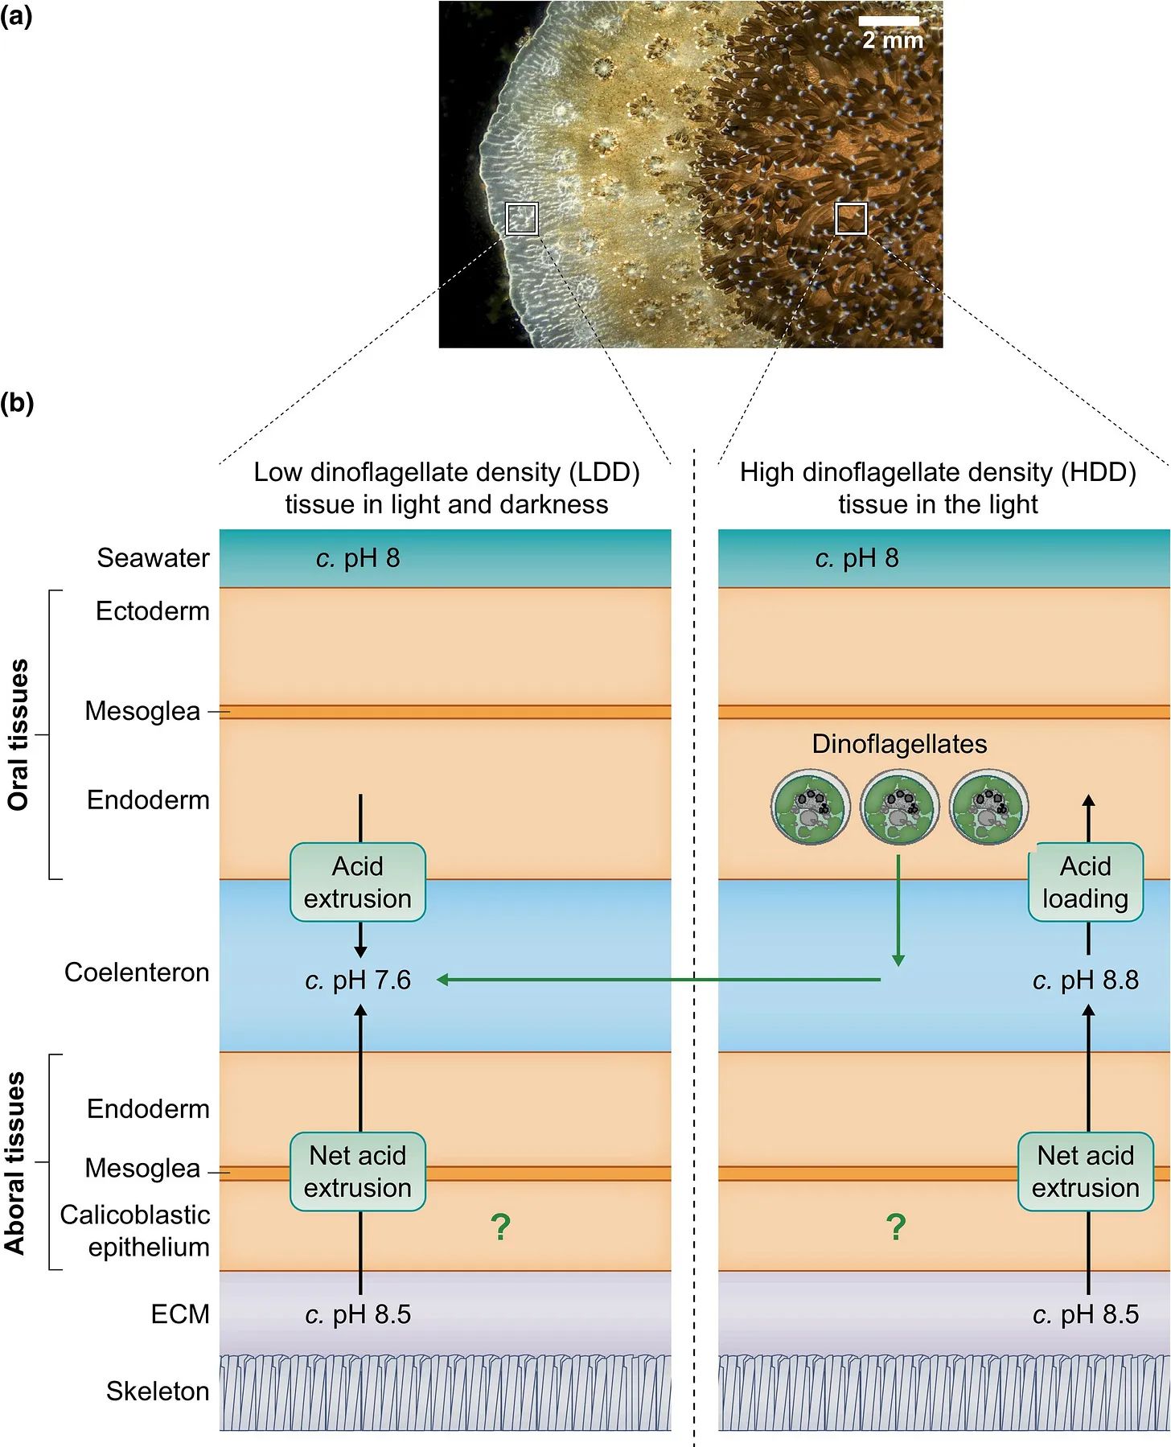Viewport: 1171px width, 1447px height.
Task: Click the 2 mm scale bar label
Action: click(x=893, y=39)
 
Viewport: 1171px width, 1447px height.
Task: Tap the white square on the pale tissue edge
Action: click(x=521, y=218)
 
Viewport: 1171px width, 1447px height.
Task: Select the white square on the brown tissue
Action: click(x=851, y=218)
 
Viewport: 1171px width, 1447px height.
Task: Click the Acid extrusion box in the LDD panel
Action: click(x=358, y=882)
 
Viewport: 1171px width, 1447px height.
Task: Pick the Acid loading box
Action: click(x=1085, y=882)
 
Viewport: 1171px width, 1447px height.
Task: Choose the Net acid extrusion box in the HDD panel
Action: click(x=1085, y=1172)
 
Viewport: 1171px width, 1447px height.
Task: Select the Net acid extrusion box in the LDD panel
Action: click(x=358, y=1172)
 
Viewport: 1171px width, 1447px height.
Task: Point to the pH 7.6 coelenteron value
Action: click(x=358, y=980)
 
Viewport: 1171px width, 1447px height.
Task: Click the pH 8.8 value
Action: click(x=1085, y=980)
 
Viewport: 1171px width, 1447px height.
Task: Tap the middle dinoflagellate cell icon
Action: click(x=899, y=807)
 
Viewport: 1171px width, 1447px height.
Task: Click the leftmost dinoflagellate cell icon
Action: click(x=810, y=807)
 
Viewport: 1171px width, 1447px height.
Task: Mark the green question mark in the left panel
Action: click(x=500, y=1227)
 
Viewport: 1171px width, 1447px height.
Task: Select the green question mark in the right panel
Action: click(x=896, y=1227)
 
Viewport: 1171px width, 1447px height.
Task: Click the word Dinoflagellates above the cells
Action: click(x=899, y=744)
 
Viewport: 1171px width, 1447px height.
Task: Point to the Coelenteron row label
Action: click(x=137, y=972)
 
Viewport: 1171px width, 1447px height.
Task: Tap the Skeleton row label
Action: click(x=158, y=1392)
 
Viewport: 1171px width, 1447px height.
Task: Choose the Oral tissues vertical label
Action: click(x=18, y=734)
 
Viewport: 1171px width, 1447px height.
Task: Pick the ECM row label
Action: click(x=180, y=1314)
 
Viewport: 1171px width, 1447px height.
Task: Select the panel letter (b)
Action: click(x=17, y=402)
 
